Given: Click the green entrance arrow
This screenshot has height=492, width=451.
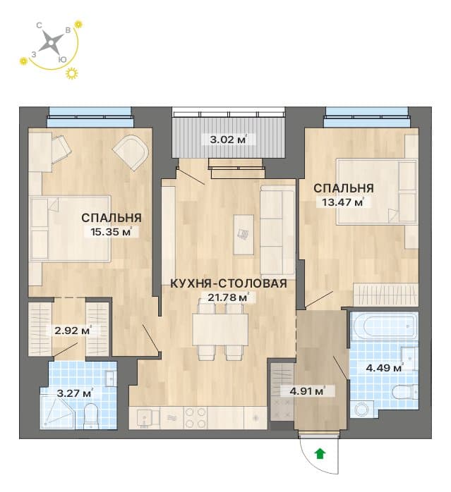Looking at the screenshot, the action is (x=320, y=453).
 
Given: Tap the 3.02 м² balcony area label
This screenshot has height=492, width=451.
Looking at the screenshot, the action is (x=228, y=139).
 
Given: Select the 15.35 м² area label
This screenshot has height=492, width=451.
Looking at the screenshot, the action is (x=110, y=232).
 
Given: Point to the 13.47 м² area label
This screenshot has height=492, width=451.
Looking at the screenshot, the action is (x=343, y=202).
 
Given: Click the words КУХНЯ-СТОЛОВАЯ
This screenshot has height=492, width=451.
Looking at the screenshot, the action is (x=229, y=283).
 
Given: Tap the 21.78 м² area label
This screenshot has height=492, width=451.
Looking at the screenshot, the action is (x=229, y=297).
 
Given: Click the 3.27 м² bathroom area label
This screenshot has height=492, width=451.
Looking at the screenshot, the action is (x=75, y=393).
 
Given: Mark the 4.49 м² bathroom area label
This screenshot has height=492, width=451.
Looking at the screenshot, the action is (x=385, y=368).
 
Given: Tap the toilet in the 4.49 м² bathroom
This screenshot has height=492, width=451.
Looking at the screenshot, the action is (x=405, y=392).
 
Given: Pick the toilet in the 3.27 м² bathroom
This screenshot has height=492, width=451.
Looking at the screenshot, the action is (x=91, y=416).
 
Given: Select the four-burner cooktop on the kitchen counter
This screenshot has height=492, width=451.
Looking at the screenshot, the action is (x=196, y=418).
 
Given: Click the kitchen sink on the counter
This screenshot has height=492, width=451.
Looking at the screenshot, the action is (x=145, y=418).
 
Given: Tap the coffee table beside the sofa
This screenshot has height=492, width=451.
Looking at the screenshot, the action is (x=243, y=235).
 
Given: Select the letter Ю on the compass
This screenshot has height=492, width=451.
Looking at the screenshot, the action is (x=63, y=59).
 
